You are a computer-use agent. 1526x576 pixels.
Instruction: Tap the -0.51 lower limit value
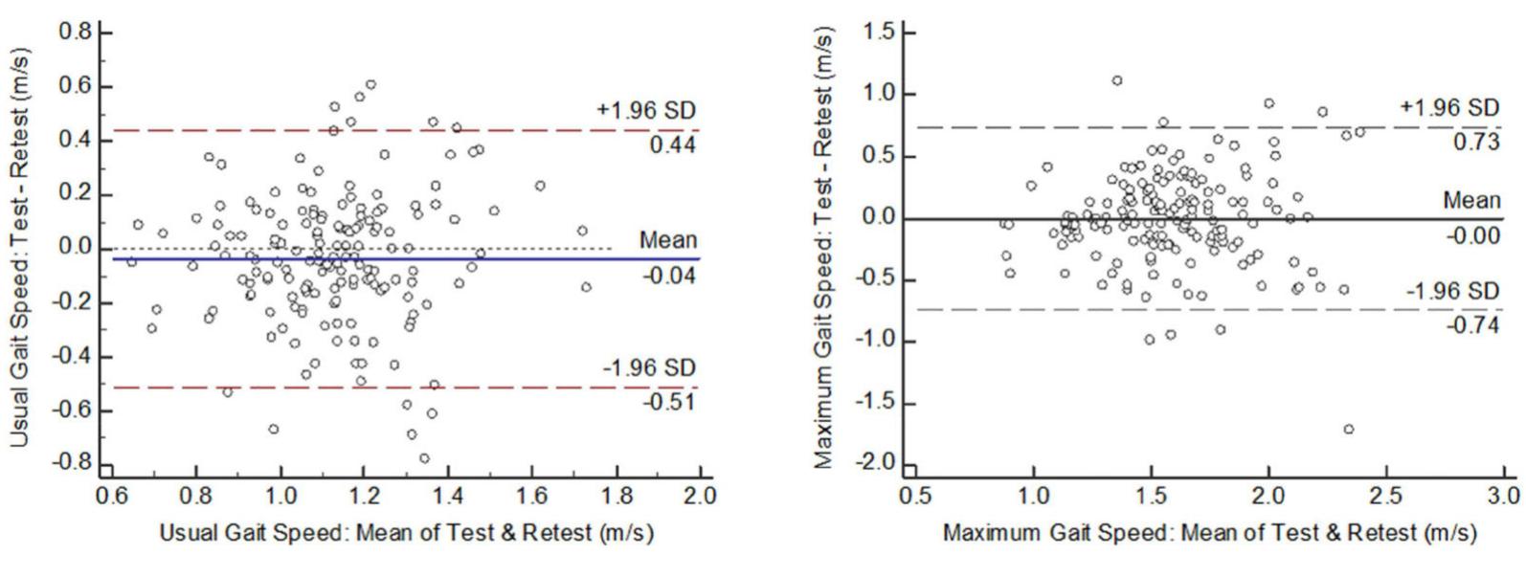point(668,402)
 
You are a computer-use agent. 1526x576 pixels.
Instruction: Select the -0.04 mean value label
point(668,277)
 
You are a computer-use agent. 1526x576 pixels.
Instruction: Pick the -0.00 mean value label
point(1473,235)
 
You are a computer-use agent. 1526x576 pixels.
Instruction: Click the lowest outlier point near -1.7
point(1349,430)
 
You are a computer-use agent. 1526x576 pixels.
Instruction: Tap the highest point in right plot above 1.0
point(1117,80)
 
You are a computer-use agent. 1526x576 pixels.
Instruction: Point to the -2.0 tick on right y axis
point(877,464)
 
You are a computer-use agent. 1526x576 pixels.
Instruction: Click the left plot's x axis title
point(406,533)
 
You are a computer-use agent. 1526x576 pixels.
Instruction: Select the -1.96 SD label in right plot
point(1452,291)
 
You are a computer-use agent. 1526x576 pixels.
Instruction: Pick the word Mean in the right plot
point(1472,200)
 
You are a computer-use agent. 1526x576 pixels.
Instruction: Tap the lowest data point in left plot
point(424,458)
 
